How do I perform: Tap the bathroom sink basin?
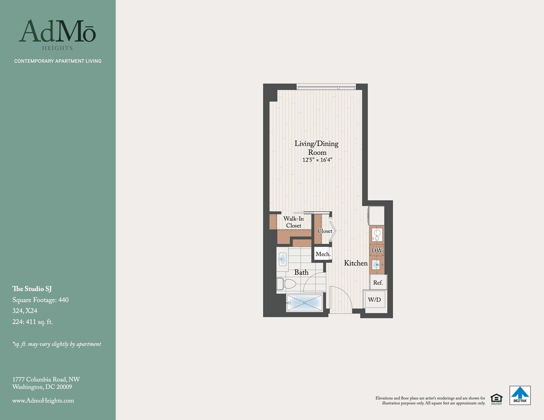282,259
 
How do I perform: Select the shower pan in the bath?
304,303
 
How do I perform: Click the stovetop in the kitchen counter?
377,234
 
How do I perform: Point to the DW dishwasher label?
377,250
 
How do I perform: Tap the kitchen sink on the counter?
377,264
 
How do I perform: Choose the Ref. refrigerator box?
378,283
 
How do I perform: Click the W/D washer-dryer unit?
375,300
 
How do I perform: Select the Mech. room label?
323,254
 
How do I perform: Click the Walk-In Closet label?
293,222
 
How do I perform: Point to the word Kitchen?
356,263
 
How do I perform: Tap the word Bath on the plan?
301,272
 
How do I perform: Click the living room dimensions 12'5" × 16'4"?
317,160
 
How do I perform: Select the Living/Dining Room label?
316,148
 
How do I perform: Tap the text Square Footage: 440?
40,300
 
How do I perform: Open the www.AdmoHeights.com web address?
43,401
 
